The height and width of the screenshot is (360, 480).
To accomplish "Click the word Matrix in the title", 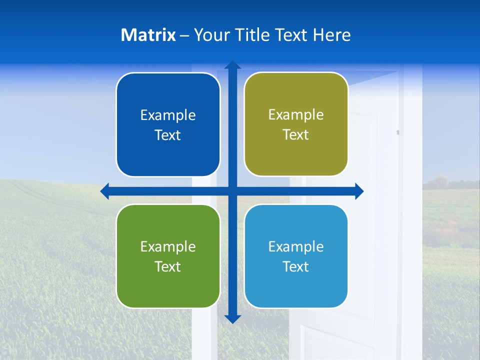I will point(148,35).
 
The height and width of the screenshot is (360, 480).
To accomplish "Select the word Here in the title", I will point(331,35).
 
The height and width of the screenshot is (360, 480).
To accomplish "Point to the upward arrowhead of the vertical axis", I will point(232,64).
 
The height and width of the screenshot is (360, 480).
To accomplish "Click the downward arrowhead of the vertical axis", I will point(232,319).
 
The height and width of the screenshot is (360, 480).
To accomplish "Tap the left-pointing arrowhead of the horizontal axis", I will point(105,191).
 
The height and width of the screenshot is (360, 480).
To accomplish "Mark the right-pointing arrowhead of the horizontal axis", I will point(359,191).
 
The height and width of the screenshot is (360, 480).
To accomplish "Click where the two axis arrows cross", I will point(232,191).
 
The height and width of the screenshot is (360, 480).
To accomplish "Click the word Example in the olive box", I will point(296,114).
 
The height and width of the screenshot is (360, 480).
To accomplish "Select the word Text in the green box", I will point(167,266).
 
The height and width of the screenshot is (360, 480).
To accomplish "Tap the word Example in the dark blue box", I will point(168,115).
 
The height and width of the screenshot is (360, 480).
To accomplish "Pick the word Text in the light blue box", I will point(295,266).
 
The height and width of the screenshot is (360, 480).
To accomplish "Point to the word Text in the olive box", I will point(295,134).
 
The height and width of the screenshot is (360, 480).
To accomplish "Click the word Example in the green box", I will point(168,246).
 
